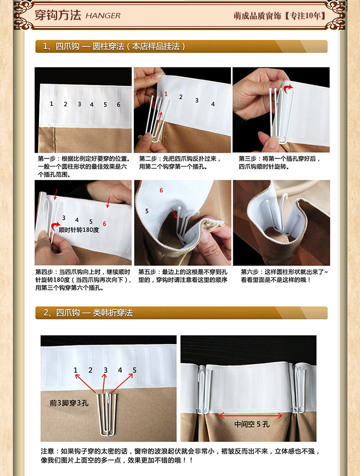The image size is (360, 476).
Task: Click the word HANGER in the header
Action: click(103, 16)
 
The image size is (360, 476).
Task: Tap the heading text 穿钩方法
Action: click(58, 15)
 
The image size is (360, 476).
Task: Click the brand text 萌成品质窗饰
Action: click(257, 16)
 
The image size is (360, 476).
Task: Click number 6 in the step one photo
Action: click(119, 104)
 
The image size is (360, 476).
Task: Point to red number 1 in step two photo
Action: click(166, 94)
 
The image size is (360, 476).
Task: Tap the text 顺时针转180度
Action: click(79, 230)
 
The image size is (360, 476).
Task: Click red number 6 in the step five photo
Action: click(161, 190)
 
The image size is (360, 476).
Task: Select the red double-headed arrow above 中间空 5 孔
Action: click(251, 415)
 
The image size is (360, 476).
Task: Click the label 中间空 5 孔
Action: click(252, 424)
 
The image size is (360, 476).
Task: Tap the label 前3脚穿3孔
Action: click(69, 403)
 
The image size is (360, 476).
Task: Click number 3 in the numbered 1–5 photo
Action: click(106, 370)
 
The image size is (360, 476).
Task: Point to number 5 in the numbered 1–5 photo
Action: click(134, 370)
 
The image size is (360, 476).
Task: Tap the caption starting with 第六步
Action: click(285, 276)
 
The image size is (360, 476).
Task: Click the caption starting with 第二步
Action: click(180, 162)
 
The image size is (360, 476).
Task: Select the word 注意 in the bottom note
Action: click(48, 451)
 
